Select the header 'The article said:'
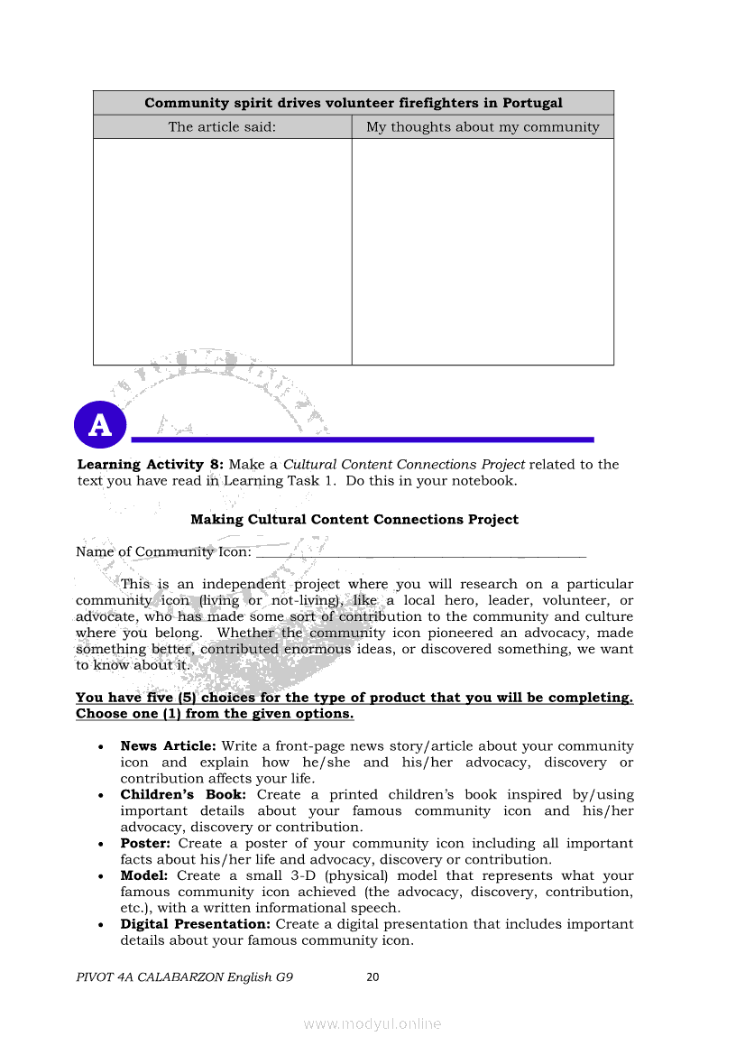pyautogui.click(x=222, y=127)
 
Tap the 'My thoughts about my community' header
pyautogui.click(x=483, y=127)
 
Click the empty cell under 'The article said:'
pyautogui.click(x=222, y=251)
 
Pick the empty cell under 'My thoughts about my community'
pyautogui.click(x=483, y=251)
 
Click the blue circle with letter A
pyautogui.click(x=100, y=425)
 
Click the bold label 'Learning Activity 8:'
pyautogui.click(x=150, y=464)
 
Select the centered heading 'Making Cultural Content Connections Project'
pyautogui.click(x=354, y=519)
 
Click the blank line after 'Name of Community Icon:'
pyautogui.click(x=420, y=552)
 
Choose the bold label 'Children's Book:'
pyautogui.click(x=183, y=794)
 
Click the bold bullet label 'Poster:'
pyautogui.click(x=146, y=843)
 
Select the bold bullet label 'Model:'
pyautogui.click(x=144, y=875)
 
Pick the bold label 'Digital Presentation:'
pyautogui.click(x=195, y=924)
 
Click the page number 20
pyautogui.click(x=372, y=976)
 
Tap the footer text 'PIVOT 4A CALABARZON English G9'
pyautogui.click(x=184, y=976)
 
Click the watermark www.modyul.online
pyautogui.click(x=372, y=1023)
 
